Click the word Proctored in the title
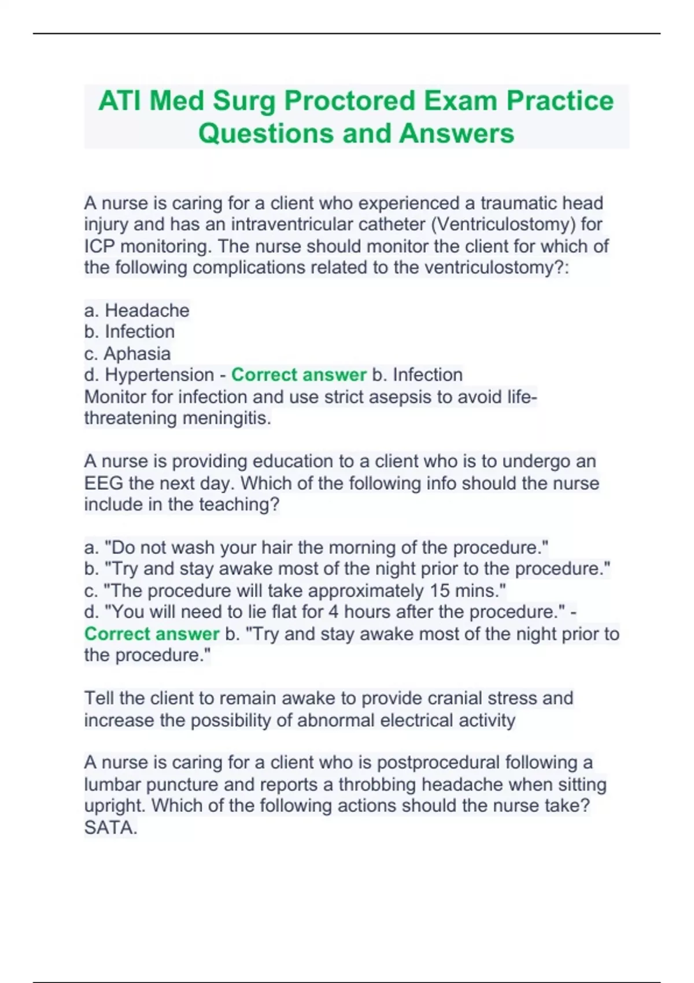pyautogui.click(x=349, y=101)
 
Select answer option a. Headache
pyautogui.click(x=137, y=311)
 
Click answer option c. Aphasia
pyautogui.click(x=128, y=353)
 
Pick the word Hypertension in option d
pyautogui.click(x=159, y=375)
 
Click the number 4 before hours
pyautogui.click(x=334, y=612)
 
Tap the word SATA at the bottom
pyautogui.click(x=110, y=828)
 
